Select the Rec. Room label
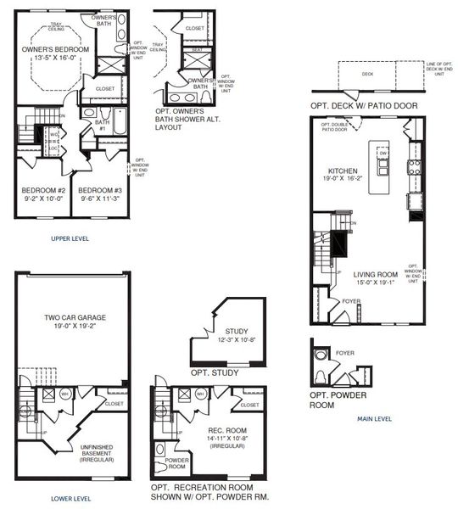227,434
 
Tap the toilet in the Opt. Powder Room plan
321,375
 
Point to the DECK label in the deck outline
366,74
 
